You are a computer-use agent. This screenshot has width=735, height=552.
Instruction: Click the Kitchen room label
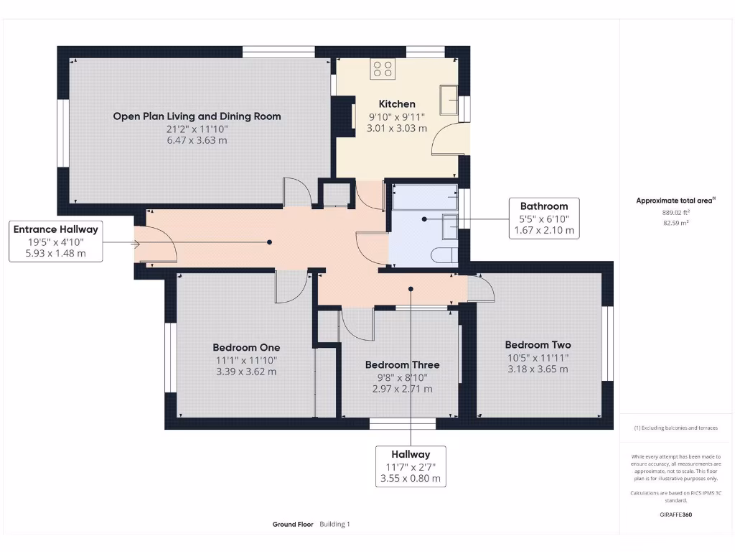[397, 104]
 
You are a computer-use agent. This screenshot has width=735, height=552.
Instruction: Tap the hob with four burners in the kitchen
[383, 68]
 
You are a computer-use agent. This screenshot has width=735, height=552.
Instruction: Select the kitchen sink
[449, 100]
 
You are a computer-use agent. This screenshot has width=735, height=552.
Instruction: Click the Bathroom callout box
[544, 218]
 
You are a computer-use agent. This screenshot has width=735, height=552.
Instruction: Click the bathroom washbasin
[450, 226]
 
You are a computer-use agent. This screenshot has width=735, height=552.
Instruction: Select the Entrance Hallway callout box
[56, 241]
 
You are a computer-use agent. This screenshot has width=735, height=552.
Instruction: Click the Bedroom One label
[246, 348]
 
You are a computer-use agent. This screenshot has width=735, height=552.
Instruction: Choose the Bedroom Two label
[538, 345]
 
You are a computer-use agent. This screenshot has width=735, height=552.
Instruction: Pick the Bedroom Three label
[402, 364]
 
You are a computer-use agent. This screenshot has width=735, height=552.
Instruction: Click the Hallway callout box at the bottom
[411, 466]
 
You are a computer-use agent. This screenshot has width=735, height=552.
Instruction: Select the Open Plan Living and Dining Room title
[197, 116]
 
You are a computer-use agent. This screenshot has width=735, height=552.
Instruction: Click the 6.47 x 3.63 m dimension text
[197, 140]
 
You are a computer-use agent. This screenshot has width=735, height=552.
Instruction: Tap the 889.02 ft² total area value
[676, 213]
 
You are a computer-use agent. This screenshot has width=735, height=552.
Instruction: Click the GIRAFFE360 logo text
[676, 515]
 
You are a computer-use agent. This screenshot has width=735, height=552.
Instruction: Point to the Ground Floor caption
[293, 524]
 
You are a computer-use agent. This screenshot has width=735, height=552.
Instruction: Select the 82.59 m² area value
[676, 223]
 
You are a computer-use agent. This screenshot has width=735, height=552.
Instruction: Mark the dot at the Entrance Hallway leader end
[270, 242]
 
